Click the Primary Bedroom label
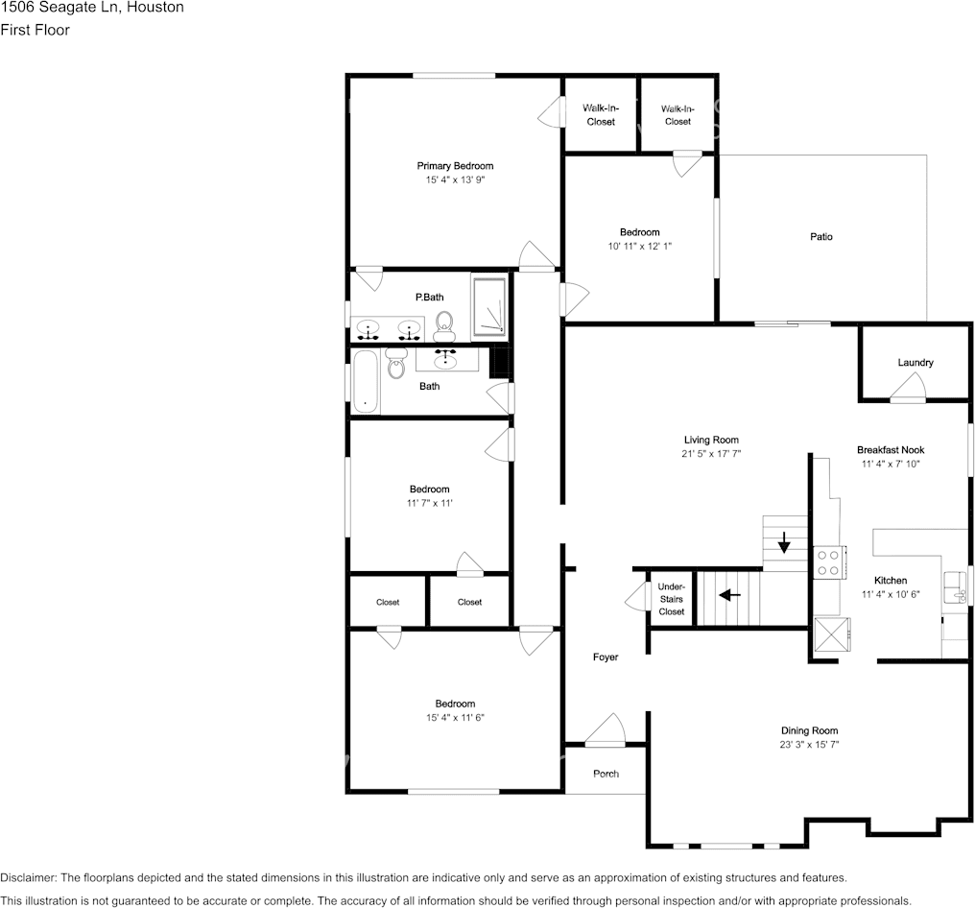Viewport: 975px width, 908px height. tap(455, 166)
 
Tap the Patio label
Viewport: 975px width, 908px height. tap(820, 236)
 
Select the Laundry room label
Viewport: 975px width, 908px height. tap(916, 363)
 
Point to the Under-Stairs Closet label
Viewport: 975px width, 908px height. tap(672, 599)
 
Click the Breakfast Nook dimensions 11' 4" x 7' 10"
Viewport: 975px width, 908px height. tap(891, 464)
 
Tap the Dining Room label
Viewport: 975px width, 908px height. tap(809, 730)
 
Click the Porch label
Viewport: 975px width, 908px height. tap(606, 774)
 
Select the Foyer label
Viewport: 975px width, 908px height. tap(606, 657)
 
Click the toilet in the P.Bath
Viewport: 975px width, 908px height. tap(444, 326)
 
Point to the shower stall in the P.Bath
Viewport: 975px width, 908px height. tap(489, 306)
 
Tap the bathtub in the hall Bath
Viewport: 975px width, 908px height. tap(365, 381)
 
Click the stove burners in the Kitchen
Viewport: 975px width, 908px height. tap(827, 562)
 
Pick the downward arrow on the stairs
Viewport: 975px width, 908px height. tap(785, 544)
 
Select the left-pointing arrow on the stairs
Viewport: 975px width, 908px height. tap(730, 595)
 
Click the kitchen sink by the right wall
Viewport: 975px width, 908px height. tap(956, 585)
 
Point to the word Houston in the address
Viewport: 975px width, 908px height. tap(156, 8)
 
